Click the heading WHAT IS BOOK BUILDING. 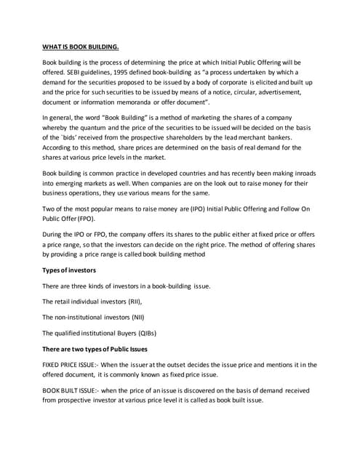click(x=80, y=47)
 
